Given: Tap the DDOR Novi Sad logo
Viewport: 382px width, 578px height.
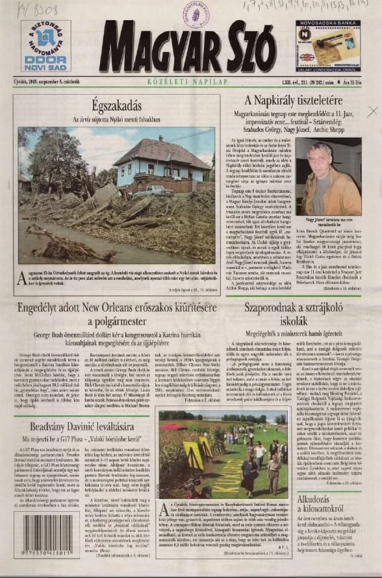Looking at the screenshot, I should point(45,45).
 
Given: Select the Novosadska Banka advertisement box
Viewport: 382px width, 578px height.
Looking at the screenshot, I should point(328,45).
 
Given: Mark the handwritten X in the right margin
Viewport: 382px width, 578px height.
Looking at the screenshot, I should point(372,112).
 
